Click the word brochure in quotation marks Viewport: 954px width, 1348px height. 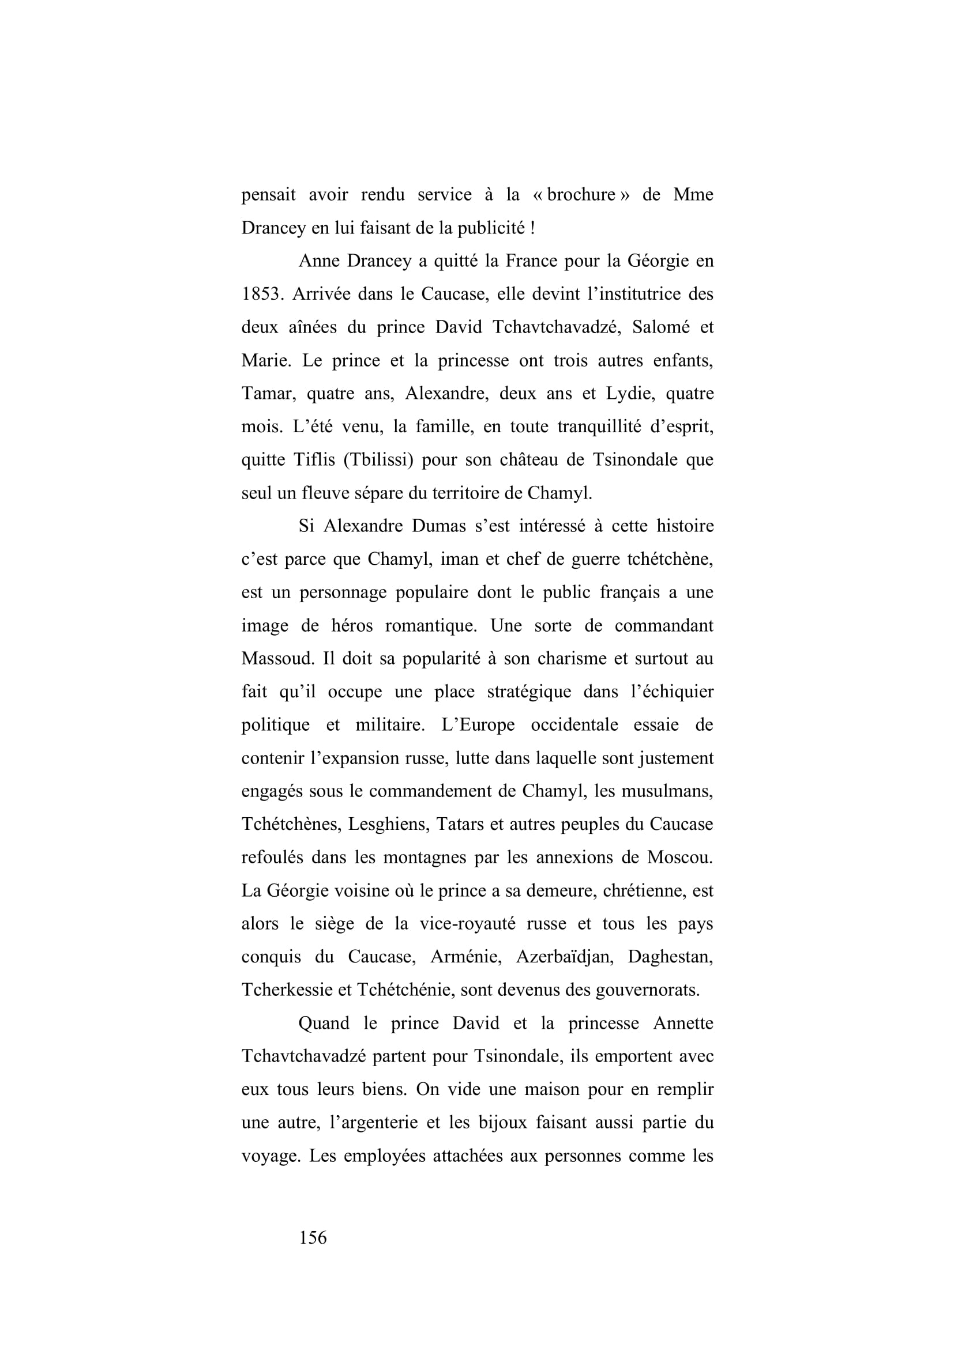(581, 194)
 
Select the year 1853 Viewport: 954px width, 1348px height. (260, 293)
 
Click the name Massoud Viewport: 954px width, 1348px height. (276, 659)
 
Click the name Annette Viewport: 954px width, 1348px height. (683, 1024)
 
